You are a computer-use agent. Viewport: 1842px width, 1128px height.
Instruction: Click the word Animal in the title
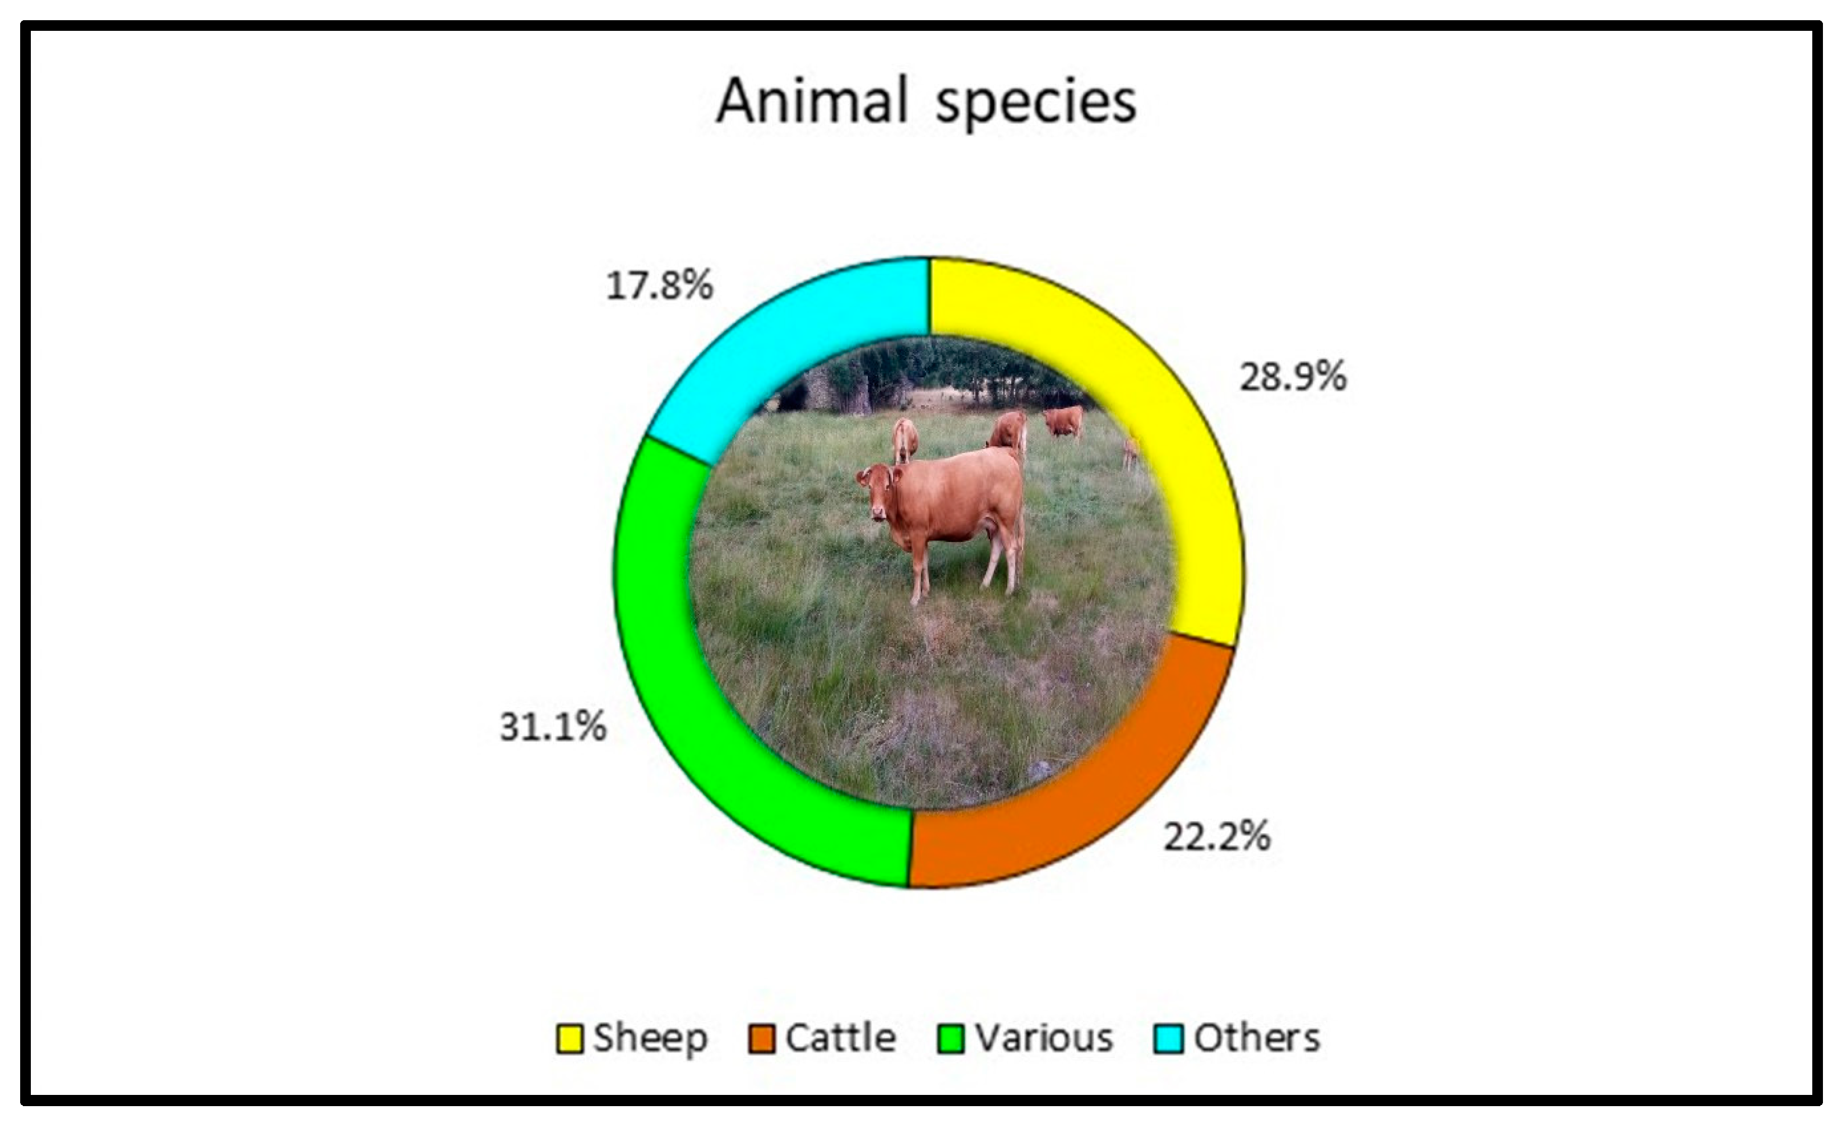[812, 101]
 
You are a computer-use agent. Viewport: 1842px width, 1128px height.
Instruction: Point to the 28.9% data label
[1293, 377]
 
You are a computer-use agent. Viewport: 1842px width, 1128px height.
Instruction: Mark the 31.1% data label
[553, 727]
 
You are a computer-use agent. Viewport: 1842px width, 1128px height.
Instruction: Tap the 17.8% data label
[659, 285]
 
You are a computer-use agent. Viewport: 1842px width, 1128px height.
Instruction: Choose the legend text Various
[1044, 1039]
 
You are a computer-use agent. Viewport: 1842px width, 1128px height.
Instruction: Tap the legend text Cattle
[840, 1039]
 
